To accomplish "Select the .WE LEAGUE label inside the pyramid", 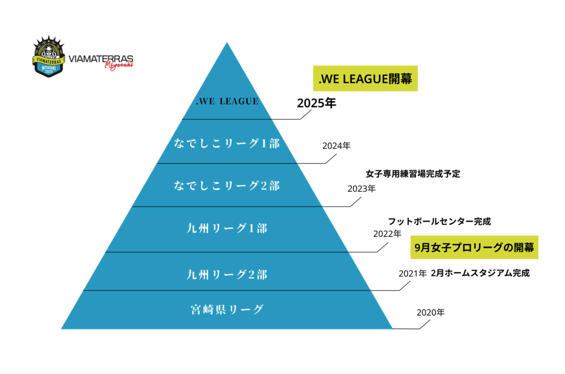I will coord(227,101).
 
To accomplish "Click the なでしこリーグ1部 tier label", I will coord(227,143).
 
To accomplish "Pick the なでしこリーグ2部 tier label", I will coord(227,186).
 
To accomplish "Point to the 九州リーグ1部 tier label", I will coord(227,228).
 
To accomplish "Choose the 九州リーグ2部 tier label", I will coord(227,275).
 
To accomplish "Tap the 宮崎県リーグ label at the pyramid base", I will coord(227,309).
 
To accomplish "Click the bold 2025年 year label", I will coord(316,103).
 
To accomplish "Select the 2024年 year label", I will coord(336,146).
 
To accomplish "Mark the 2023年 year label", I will coord(361,188).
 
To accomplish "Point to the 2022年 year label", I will coord(387,233).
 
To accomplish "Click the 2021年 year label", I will coord(412,273).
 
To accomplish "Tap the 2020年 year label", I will coord(430,312).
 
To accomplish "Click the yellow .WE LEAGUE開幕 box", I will coord(365,78).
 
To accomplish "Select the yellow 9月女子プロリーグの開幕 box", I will coord(474,247).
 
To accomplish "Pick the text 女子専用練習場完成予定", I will coord(413,174).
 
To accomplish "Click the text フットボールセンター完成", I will coord(439,221).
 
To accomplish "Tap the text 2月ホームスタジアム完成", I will coord(480,273).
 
